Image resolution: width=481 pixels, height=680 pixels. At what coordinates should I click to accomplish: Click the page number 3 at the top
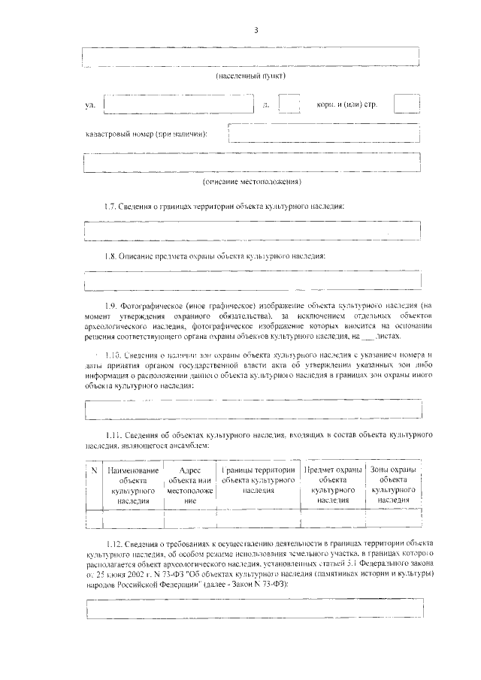256,30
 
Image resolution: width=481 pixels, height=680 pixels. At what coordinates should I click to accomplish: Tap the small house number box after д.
289,104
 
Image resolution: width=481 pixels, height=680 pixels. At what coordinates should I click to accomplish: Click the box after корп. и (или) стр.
407,104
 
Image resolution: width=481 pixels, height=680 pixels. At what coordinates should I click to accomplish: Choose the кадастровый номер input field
323,133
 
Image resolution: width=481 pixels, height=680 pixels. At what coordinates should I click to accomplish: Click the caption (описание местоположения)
252,182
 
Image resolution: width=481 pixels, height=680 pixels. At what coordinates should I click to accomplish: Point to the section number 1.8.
112,255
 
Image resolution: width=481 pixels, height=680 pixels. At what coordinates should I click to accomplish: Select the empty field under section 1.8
252,281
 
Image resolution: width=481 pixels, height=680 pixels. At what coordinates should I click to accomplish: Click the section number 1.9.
112,306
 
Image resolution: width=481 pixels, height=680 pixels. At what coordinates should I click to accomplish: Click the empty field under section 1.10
252,410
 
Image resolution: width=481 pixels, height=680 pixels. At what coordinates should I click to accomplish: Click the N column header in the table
94,470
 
